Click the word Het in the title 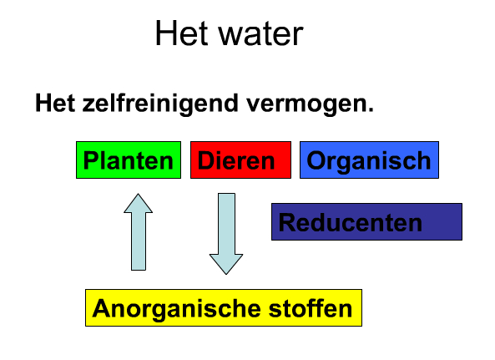(x=181, y=33)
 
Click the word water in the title (x=261, y=34)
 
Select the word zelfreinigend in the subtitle (x=160, y=104)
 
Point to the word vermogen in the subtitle (x=306, y=105)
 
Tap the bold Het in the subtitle (x=55, y=103)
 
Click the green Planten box (x=129, y=160)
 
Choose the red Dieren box (x=240, y=160)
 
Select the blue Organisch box (x=369, y=160)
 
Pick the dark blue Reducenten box (x=366, y=221)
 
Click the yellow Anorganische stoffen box (x=224, y=307)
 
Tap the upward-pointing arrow (x=139, y=232)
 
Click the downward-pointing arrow (x=226, y=234)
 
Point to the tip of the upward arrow (x=139, y=194)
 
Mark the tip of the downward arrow (x=226, y=274)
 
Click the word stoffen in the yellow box (x=311, y=308)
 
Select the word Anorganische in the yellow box (x=176, y=310)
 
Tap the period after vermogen (x=371, y=109)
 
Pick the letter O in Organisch (x=316, y=160)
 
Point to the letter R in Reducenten (x=286, y=222)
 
